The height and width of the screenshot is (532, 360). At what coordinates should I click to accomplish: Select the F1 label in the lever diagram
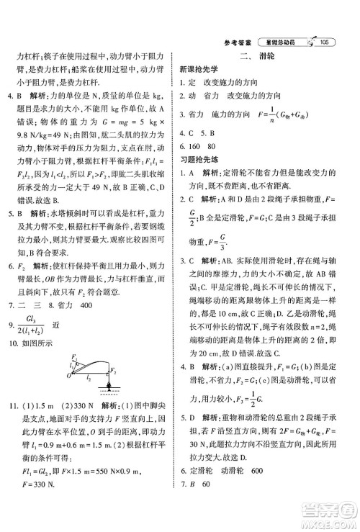pos(73,357)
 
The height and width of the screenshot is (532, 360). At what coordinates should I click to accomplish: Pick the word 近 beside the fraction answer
pos(66,325)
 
